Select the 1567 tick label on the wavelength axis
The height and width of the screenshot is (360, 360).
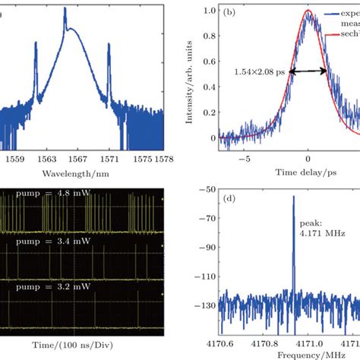coord(77,162)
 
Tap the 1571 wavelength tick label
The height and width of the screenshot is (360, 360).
coord(108,162)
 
